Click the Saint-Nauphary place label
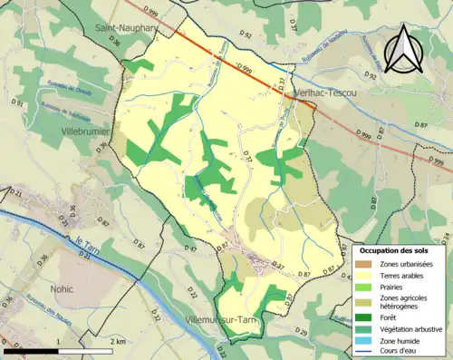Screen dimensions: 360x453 click(124, 29)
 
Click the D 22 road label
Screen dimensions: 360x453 click(194, 292)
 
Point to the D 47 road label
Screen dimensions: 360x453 click(191, 248)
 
